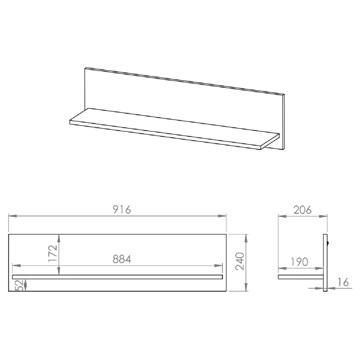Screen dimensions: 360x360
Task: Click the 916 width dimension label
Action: tap(122, 210)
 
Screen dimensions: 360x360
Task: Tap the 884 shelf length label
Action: tap(122, 259)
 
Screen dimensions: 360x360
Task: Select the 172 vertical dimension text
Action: tap(53, 253)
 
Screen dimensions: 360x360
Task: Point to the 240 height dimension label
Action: tap(240, 261)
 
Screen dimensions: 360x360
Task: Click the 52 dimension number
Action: tap(21, 285)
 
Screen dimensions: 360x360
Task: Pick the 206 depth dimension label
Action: tap(302, 210)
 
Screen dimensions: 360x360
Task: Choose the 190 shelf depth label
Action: tap(299, 262)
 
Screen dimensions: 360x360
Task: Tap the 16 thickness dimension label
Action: tap(343, 282)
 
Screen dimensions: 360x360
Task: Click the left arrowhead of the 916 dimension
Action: tap(13, 216)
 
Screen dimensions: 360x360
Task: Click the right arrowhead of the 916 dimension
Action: tap(222, 216)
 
